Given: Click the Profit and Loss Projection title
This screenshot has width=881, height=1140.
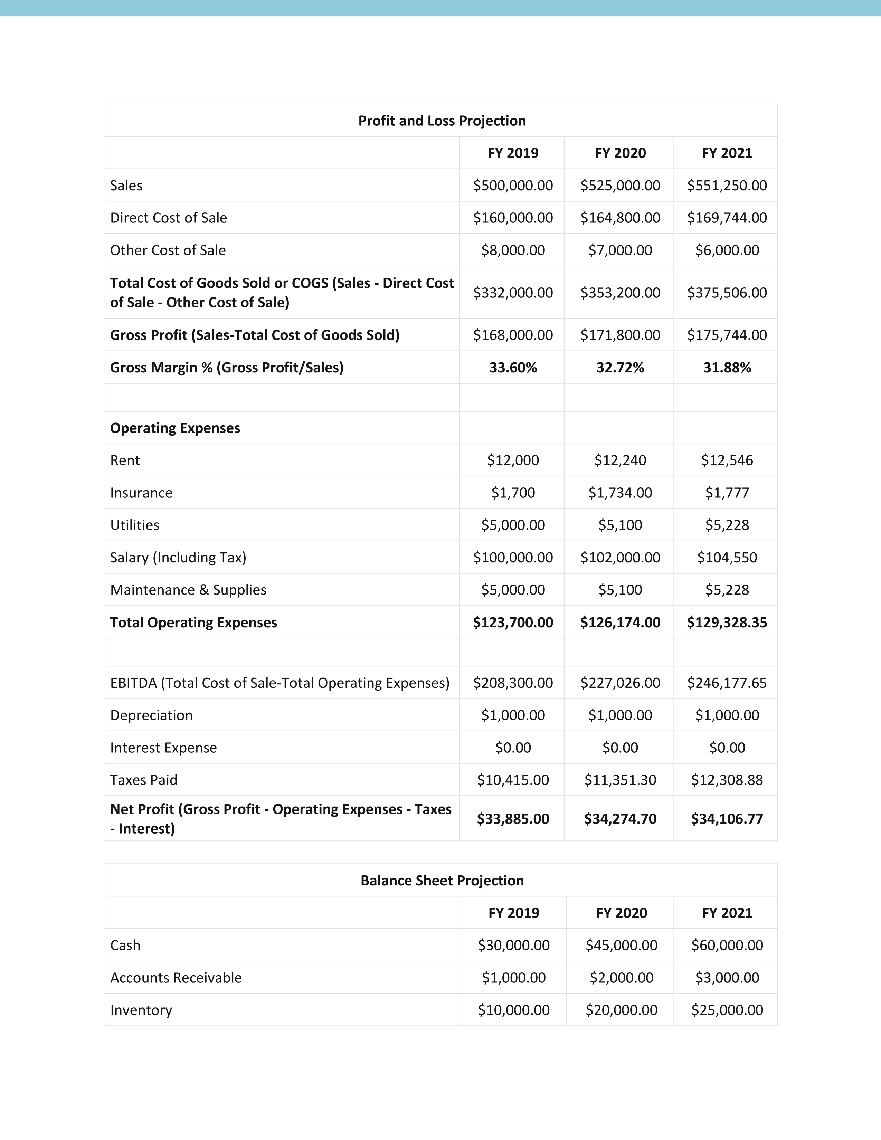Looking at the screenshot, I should point(442,121).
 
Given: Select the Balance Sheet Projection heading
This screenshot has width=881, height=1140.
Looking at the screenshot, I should point(442,881).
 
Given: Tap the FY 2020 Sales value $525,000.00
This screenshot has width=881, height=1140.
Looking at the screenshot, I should point(620,185).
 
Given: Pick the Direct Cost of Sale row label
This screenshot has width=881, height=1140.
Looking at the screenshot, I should point(169,218).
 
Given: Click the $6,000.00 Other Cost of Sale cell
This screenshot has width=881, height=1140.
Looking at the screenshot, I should point(727,250).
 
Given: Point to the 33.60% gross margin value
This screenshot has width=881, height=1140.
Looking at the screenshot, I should point(512,368).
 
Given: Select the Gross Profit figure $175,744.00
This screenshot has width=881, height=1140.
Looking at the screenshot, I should point(727,335).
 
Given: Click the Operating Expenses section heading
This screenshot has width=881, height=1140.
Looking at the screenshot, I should point(175,428).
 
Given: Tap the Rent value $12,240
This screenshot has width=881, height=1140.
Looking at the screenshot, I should point(620,460).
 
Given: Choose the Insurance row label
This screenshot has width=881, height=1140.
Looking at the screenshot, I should point(141,493).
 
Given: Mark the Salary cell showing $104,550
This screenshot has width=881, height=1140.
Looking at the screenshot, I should point(727,558).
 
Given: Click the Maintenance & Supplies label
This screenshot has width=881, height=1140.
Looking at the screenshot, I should point(188,590).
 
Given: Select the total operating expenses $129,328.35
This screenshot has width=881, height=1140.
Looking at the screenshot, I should point(727,622).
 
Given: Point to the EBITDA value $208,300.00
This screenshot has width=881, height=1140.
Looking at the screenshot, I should point(512,683).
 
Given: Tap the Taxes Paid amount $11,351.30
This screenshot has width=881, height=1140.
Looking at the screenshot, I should point(620,780).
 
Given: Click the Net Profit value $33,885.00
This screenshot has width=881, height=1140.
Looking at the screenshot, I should point(512,818).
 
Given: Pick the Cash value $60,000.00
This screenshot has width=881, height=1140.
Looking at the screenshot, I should point(727,945).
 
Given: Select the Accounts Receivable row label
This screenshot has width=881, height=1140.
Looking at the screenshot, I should point(176,978).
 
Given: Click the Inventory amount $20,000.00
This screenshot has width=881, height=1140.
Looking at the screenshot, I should point(621,1010).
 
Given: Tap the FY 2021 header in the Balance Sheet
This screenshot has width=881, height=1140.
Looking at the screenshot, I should point(727,913).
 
